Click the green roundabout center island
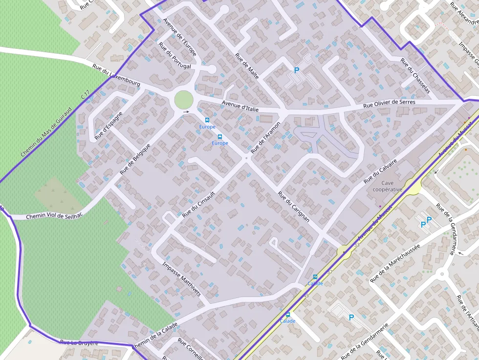tap(183, 100)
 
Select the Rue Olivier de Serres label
tap(389, 104)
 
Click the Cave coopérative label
tap(387, 186)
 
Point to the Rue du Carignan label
tap(294, 207)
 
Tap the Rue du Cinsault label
tap(198, 204)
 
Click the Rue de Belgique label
tap(135, 159)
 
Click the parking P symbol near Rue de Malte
tap(296, 70)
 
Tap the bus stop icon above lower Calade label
tap(287, 315)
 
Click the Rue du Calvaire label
tap(380, 171)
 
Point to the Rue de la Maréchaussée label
tap(395, 264)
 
